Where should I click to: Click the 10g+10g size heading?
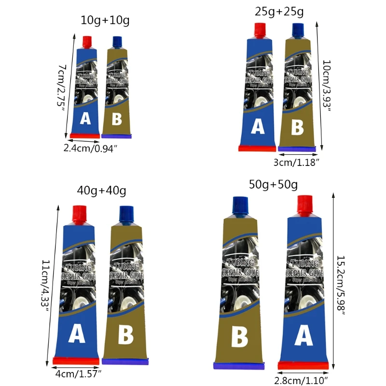pyautogui.click(x=105, y=20)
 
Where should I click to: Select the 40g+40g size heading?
pyautogui.click(x=101, y=191)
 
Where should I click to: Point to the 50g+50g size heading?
pyautogui.click(x=274, y=184)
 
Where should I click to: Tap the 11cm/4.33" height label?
pyautogui.click(x=45, y=286)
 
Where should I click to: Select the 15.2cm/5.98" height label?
pyautogui.click(x=341, y=286)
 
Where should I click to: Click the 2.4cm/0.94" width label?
pyautogui.click(x=91, y=149)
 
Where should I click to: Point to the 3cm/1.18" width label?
pyautogui.click(x=296, y=163)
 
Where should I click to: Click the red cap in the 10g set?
pyautogui.click(x=87, y=41)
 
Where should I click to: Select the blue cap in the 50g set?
pyautogui.click(x=240, y=205)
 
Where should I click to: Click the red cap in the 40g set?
pyautogui.click(x=80, y=212)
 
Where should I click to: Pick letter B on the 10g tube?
pyautogui.click(x=117, y=119)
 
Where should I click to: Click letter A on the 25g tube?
pyautogui.click(x=258, y=127)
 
